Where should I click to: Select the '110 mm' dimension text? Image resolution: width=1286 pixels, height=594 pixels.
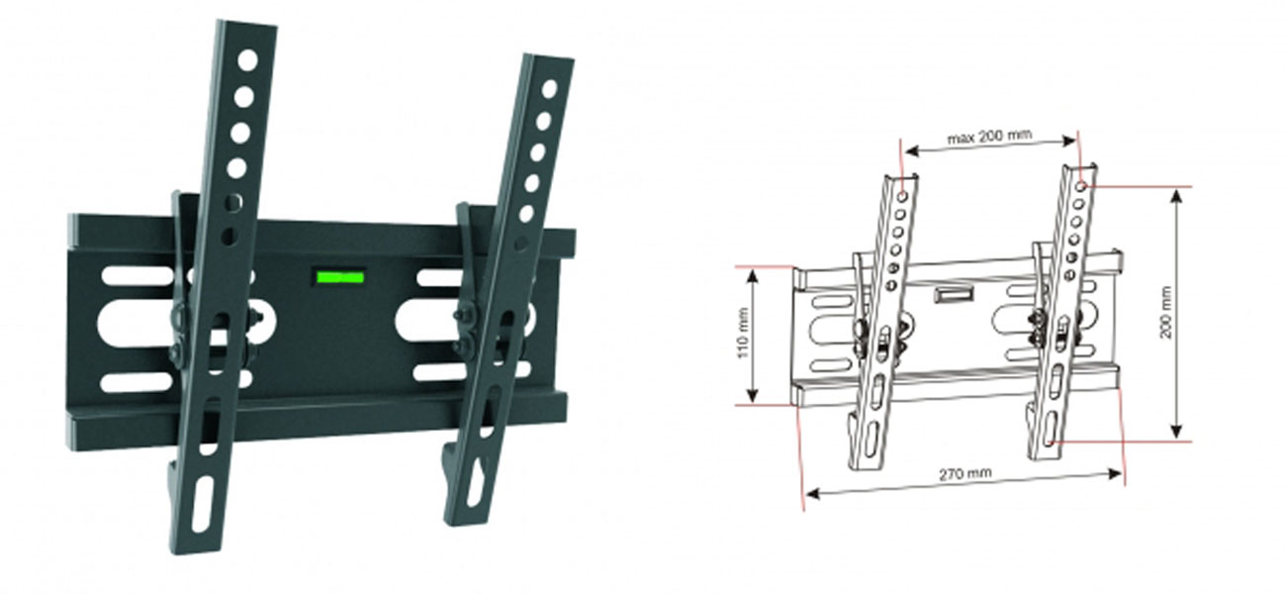tap(742, 334)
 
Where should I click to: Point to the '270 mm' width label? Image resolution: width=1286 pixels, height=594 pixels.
tap(964, 473)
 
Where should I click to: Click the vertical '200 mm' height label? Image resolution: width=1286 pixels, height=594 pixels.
tap(1167, 312)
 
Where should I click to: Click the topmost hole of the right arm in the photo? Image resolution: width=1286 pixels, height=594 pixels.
tap(550, 88)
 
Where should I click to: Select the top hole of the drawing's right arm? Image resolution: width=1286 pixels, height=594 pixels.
tap(1083, 185)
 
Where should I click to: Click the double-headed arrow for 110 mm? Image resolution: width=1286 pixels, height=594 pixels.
tap(755, 335)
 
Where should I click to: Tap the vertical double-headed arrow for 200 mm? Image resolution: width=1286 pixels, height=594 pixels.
tap(1177, 312)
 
